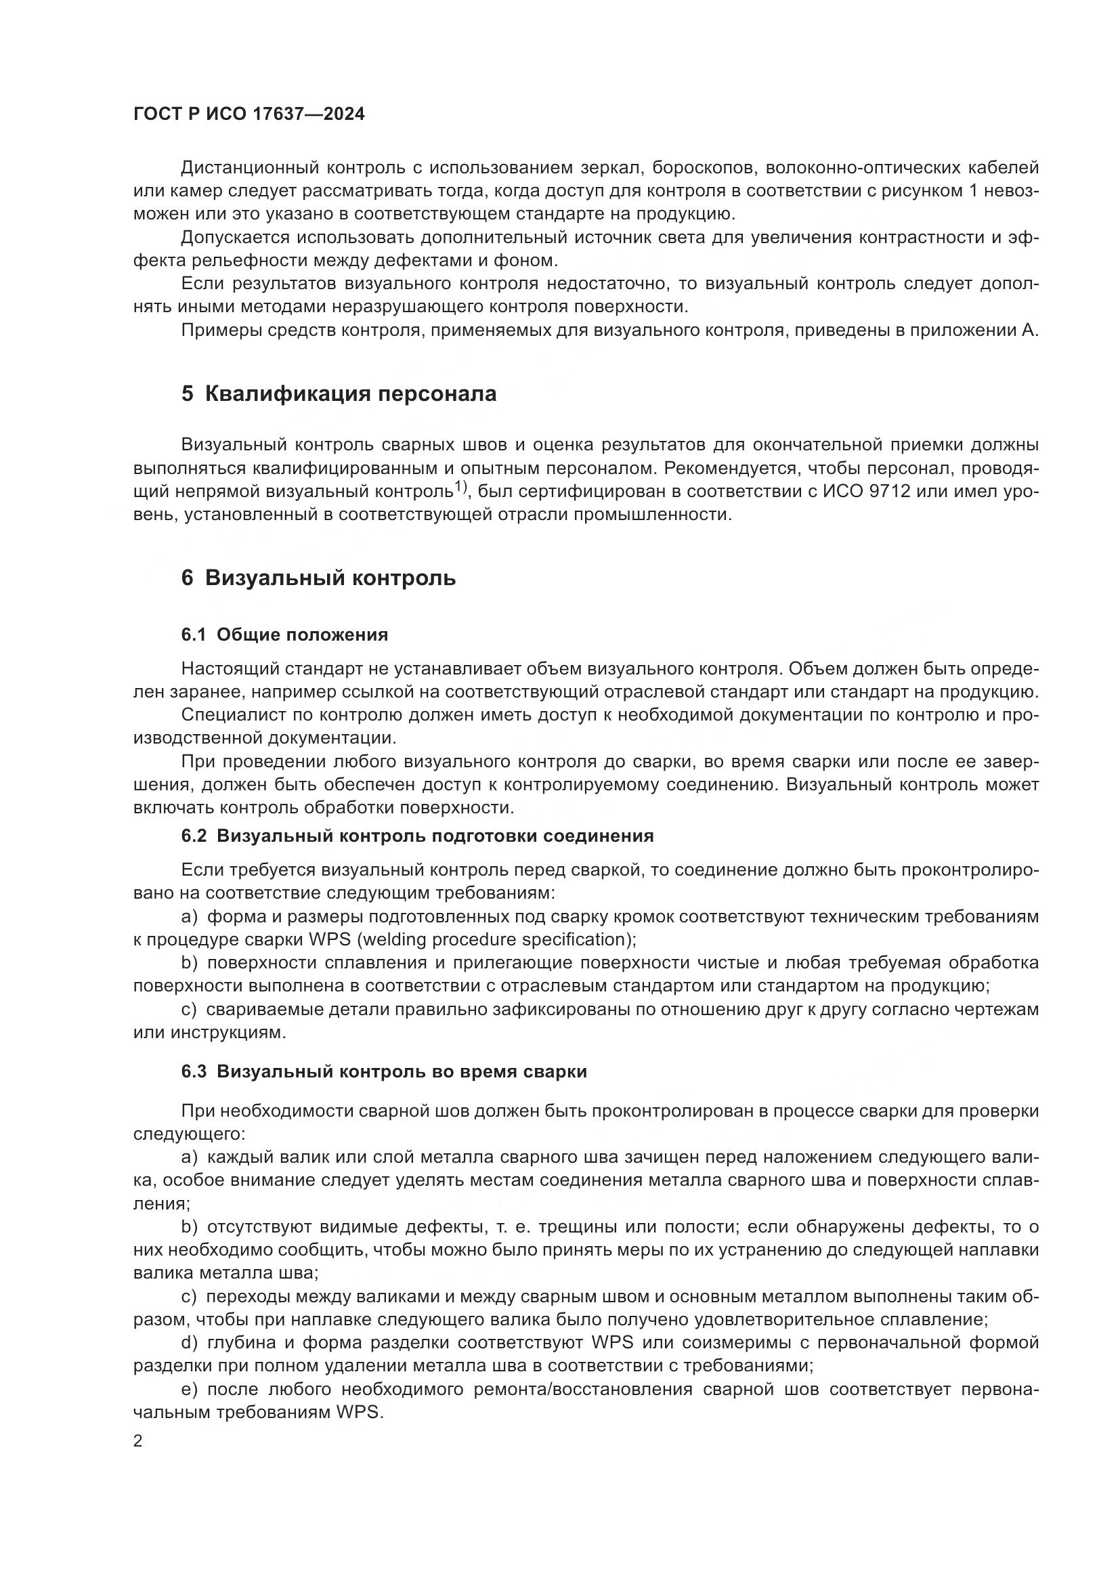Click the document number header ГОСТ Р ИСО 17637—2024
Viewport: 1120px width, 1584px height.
coord(249,114)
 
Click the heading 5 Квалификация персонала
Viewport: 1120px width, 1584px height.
coord(339,394)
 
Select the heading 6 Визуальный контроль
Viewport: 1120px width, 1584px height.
coord(319,578)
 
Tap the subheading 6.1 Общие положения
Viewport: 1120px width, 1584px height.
coord(285,635)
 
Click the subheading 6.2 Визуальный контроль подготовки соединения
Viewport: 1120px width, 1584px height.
coord(417,836)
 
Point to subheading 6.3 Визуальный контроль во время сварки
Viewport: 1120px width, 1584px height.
coord(384,1071)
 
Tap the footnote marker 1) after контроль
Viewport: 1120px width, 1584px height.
coord(460,488)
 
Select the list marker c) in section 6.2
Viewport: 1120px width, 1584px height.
coord(189,1009)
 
